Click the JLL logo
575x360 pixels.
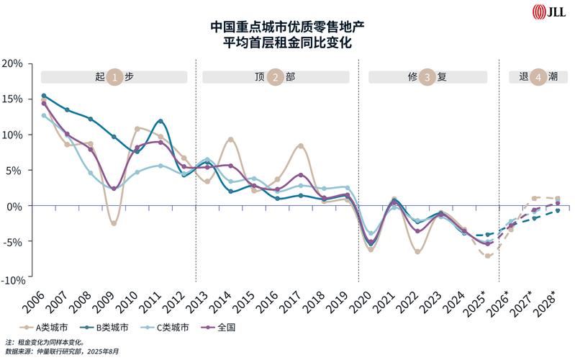(548, 12)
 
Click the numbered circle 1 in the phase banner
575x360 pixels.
(114, 77)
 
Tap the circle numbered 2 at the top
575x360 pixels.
(275, 77)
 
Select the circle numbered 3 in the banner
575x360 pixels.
(427, 77)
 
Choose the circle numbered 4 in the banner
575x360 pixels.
(536, 77)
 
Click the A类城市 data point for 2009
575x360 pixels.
(114, 223)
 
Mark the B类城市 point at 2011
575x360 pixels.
(160, 121)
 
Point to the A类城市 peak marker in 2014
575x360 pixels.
(230, 140)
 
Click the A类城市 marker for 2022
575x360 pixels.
(417, 251)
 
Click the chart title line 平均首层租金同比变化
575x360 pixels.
(287, 42)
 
